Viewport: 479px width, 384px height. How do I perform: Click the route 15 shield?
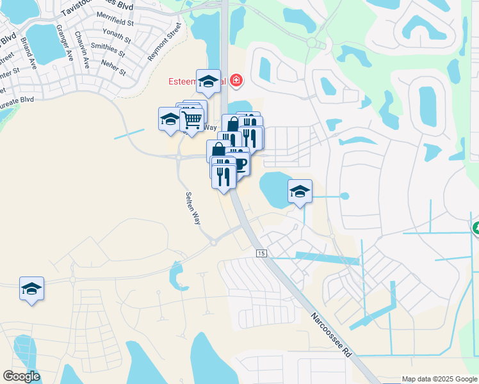(261, 254)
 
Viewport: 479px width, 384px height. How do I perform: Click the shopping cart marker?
(192, 118)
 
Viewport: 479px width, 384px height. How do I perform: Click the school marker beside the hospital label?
(209, 81)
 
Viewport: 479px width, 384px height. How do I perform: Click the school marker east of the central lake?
(300, 191)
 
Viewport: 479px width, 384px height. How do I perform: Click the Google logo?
(21, 376)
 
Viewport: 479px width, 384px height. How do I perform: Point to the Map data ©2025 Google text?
(439, 379)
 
